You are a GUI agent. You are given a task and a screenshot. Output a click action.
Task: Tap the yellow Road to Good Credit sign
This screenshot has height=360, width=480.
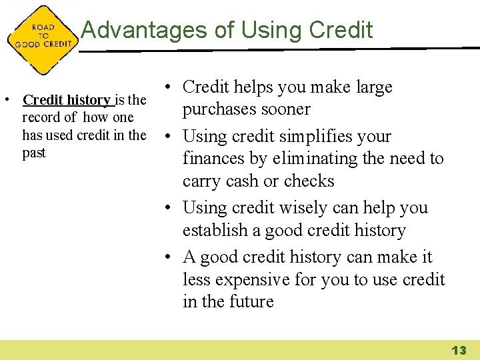(43, 39)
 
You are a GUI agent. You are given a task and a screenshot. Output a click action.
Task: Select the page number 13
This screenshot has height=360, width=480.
(459, 350)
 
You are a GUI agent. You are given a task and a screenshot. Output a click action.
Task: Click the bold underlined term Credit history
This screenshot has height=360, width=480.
(67, 100)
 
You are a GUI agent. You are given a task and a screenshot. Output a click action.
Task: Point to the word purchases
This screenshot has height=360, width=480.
(218, 109)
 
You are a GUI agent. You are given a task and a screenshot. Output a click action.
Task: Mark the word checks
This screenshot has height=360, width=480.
(309, 181)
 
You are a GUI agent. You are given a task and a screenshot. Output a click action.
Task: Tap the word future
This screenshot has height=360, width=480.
(251, 302)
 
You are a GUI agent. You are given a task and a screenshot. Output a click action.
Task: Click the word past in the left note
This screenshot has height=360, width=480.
(34, 153)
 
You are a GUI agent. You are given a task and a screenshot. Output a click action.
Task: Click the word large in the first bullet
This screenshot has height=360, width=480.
(374, 87)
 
